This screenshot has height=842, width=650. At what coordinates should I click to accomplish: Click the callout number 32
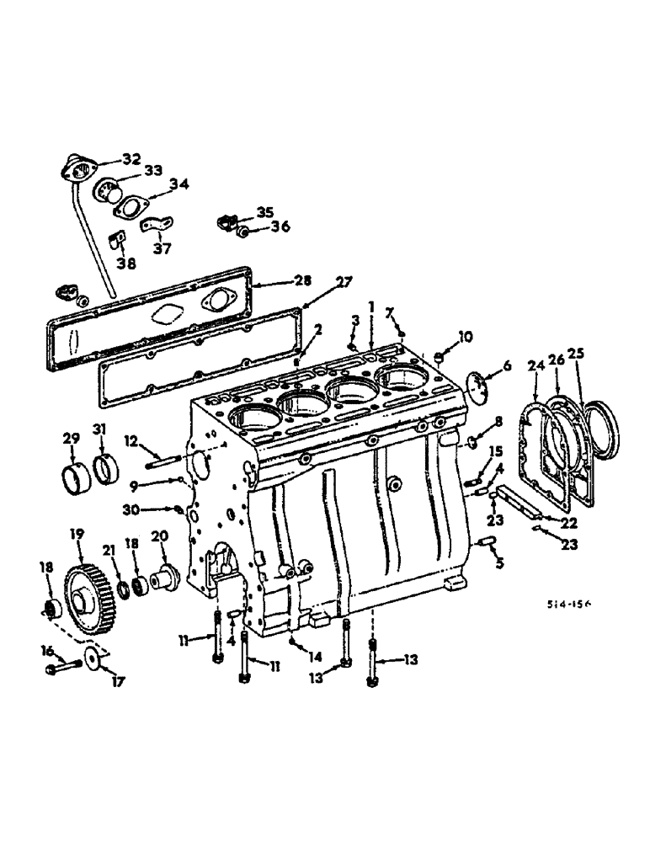[x=131, y=158]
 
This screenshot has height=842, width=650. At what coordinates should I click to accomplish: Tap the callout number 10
[x=465, y=338]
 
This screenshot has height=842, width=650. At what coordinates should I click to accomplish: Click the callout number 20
[x=160, y=536]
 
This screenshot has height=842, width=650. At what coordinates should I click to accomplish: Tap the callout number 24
[x=536, y=366]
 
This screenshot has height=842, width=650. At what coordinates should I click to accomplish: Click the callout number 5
[x=498, y=562]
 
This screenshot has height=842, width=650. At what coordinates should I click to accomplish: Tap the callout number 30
[x=153, y=508]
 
